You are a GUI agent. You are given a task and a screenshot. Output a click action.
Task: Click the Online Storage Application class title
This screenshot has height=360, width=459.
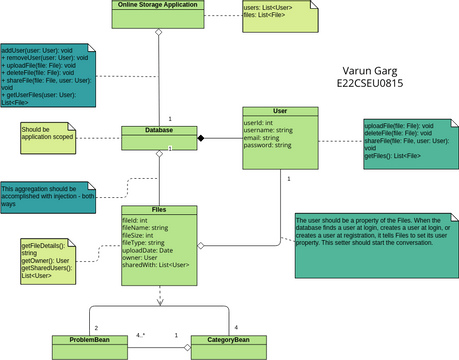pyautogui.click(x=158, y=5)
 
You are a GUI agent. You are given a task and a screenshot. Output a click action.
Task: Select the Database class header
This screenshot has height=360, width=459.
pyautogui.click(x=158, y=130)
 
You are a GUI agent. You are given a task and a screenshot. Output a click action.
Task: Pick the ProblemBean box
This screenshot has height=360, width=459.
pyautogui.click(x=89, y=340)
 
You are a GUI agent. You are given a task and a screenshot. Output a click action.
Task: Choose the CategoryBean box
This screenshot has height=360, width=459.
pyautogui.click(x=227, y=340)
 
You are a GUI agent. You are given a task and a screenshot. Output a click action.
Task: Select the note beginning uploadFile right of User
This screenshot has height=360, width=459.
pyautogui.click(x=404, y=143)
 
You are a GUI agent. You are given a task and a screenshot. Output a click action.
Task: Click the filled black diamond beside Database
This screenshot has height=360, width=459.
pyautogui.click(x=200, y=137)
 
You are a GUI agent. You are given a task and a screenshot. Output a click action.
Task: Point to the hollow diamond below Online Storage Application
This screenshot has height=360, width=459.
pyautogui.click(x=158, y=33)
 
